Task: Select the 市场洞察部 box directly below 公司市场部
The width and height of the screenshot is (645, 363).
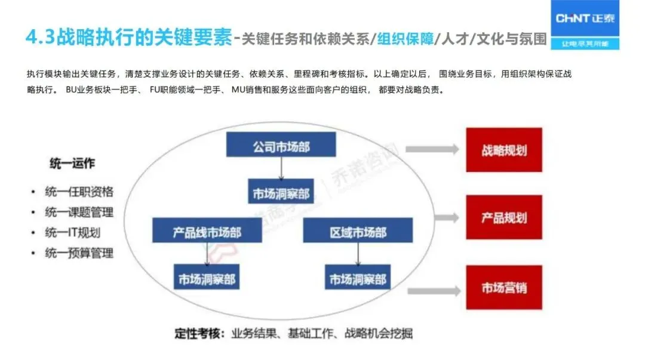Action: click(x=281, y=194)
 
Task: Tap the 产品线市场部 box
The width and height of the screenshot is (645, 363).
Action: click(x=207, y=231)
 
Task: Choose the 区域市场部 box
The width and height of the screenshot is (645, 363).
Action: click(x=358, y=231)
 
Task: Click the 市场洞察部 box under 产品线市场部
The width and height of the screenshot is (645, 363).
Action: click(x=207, y=278)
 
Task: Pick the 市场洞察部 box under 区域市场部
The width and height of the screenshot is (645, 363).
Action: click(x=358, y=278)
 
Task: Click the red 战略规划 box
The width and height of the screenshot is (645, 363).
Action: click(x=504, y=149)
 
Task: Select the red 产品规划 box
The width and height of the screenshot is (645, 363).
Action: click(x=504, y=216)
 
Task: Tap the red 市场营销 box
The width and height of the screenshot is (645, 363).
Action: click(x=504, y=288)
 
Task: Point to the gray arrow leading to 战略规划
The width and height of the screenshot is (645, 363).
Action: click(x=431, y=149)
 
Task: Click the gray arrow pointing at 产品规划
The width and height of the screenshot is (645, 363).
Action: click(x=431, y=216)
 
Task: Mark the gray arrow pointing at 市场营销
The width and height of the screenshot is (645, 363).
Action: click(x=431, y=290)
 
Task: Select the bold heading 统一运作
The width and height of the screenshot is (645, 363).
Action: click(x=72, y=164)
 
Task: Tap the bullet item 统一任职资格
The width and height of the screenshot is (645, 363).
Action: click(x=79, y=192)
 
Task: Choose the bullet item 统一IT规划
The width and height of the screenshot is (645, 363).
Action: click(x=72, y=233)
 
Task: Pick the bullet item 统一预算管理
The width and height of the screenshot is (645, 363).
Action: click(x=79, y=253)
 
